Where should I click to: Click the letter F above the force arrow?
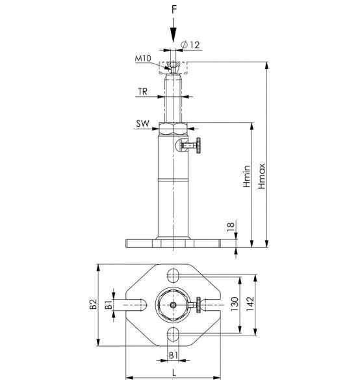coord(174,10)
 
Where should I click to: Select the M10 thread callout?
coord(144,59)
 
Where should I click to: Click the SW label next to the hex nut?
coord(143,123)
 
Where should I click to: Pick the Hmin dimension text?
coord(247,176)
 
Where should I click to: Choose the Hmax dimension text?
coord(262,176)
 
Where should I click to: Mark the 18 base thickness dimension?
coord(232,227)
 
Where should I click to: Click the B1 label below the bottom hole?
coord(173,354)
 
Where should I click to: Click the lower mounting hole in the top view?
coord(174,334)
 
